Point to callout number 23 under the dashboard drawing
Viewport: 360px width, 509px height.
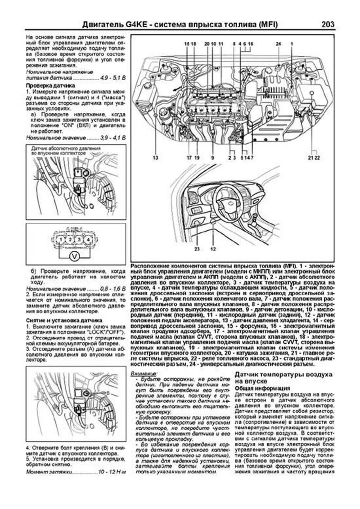click(197, 249)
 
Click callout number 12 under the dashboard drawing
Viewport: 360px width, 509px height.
click(213, 249)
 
